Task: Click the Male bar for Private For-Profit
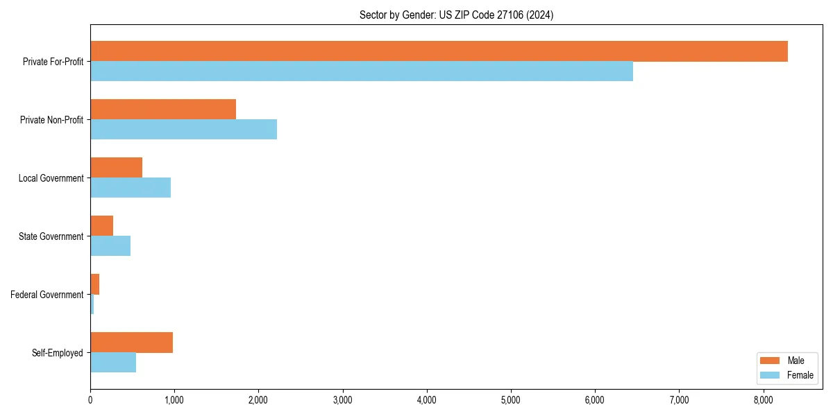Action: pyautogui.click(x=439, y=51)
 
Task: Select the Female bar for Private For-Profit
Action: pyautogui.click(x=362, y=71)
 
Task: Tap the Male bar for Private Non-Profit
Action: pyautogui.click(x=163, y=110)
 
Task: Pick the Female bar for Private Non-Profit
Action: pyautogui.click(x=183, y=130)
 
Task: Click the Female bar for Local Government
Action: pyautogui.click(x=131, y=188)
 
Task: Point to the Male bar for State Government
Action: pyautogui.click(x=101, y=226)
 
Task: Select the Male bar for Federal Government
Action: pyautogui.click(x=95, y=284)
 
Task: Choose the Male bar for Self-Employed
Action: pyautogui.click(x=131, y=343)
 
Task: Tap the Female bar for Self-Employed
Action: pyautogui.click(x=113, y=363)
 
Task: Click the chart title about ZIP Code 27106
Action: pyautogui.click(x=456, y=15)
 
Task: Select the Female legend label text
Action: pyautogui.click(x=800, y=375)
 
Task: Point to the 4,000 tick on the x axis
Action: pyautogui.click(x=427, y=399)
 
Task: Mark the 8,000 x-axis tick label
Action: pyautogui.click(x=764, y=399)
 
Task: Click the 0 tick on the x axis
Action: pyautogui.click(x=90, y=399)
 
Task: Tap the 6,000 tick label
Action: pyautogui.click(x=595, y=399)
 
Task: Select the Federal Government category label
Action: pyautogui.click(x=47, y=295)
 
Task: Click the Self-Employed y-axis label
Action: pyautogui.click(x=58, y=353)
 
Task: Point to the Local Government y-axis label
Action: pyautogui.click(x=51, y=178)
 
